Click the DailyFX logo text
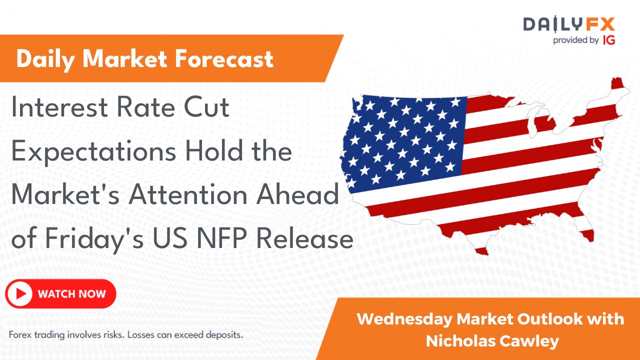568,24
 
